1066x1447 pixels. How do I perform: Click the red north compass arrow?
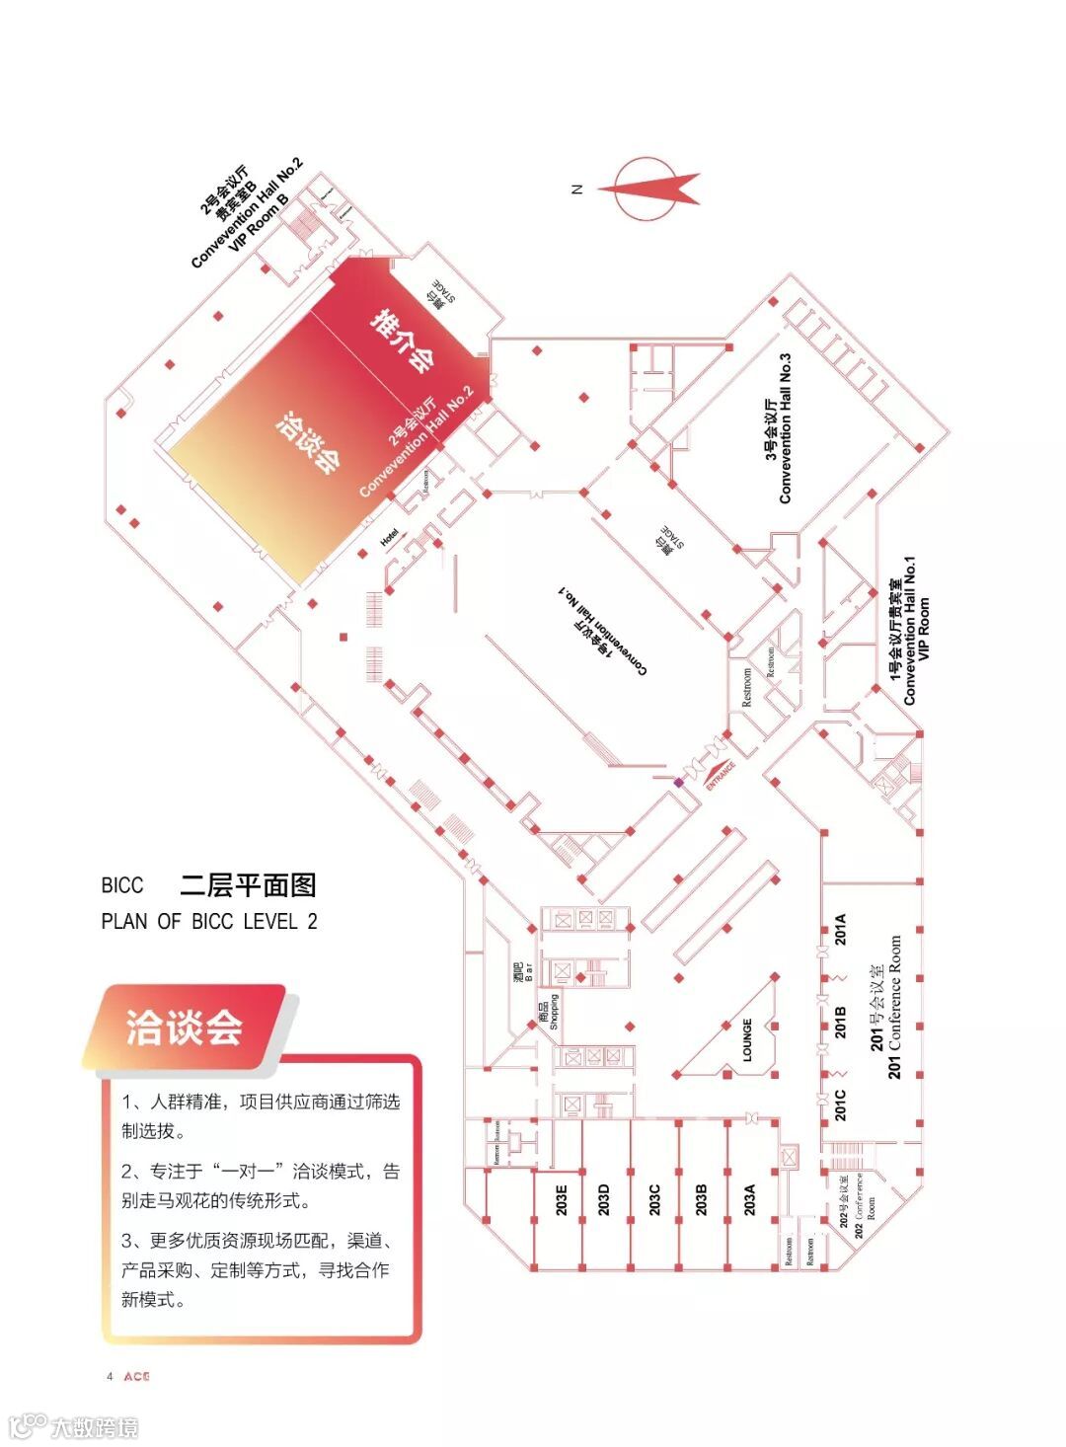pyautogui.click(x=652, y=187)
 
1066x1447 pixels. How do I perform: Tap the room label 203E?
pyautogui.click(x=561, y=1199)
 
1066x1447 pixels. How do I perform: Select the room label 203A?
pyautogui.click(x=749, y=1199)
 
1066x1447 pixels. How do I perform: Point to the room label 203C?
pyautogui.click(x=653, y=1199)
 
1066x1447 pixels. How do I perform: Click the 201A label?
pyautogui.click(x=841, y=930)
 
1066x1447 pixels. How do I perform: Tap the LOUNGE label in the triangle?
pyautogui.click(x=747, y=1040)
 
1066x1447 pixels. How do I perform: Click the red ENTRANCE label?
pyautogui.click(x=722, y=776)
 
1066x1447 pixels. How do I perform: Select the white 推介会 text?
pyautogui.click(x=402, y=341)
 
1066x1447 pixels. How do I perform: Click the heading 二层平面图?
pyautogui.click(x=248, y=885)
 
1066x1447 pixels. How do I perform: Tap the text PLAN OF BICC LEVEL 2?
pyautogui.click(x=209, y=921)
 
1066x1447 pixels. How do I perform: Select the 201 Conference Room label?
pyautogui.click(x=885, y=1007)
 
